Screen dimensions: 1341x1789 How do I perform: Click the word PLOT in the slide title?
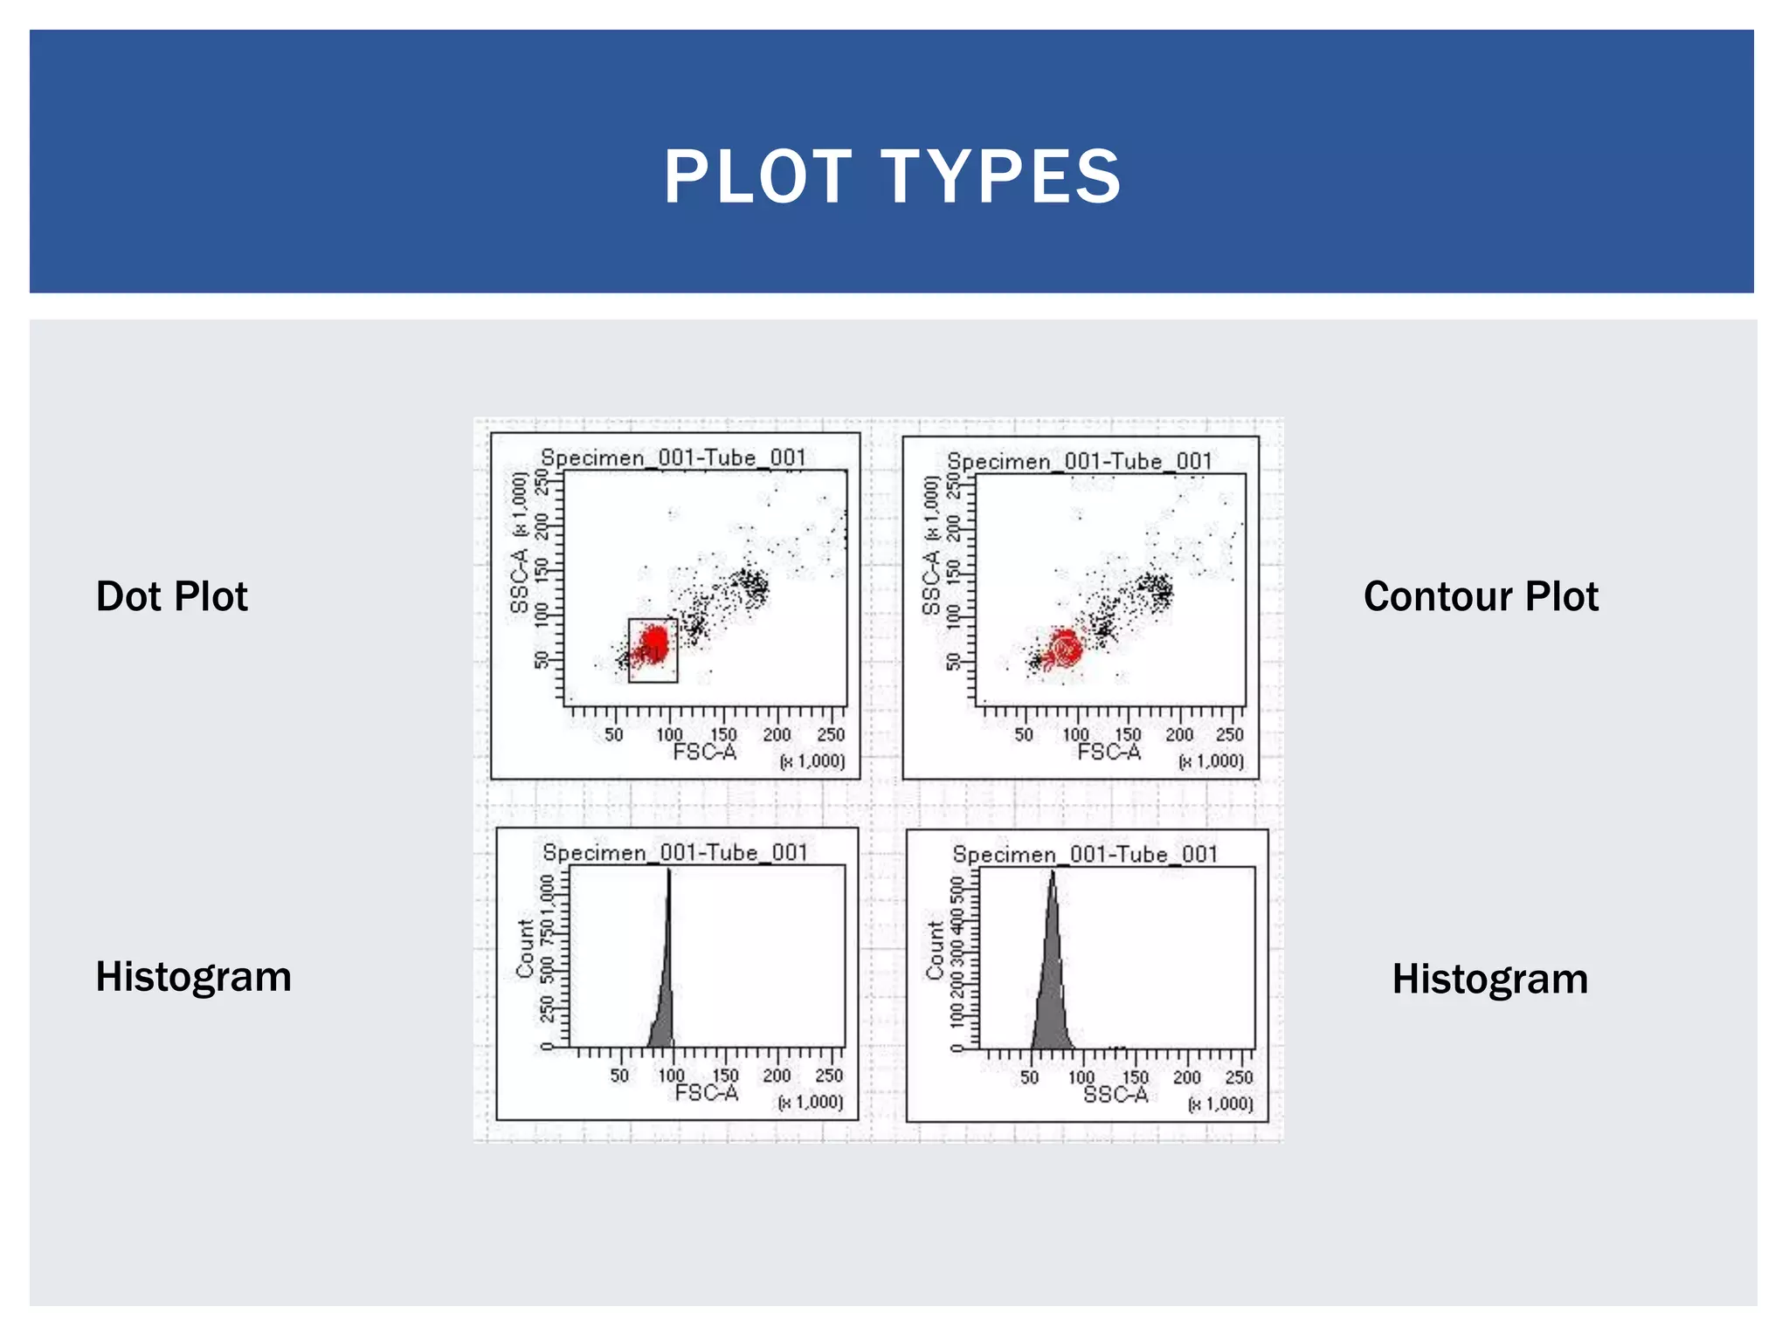click(x=756, y=176)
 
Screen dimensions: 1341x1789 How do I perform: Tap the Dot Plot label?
click(x=172, y=596)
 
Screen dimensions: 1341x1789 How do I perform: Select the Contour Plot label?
click(x=1481, y=596)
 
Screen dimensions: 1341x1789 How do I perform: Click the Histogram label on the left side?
click(x=193, y=976)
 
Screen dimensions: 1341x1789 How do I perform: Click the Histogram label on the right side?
click(x=1489, y=979)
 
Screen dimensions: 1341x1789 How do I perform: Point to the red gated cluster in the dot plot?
click(x=653, y=645)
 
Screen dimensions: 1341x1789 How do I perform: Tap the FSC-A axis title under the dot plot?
click(x=705, y=753)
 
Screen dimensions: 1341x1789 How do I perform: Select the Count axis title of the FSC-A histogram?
click(x=525, y=948)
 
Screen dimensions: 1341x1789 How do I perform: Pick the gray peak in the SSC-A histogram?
click(x=1052, y=987)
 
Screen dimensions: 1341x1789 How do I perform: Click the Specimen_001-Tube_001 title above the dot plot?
click(x=673, y=457)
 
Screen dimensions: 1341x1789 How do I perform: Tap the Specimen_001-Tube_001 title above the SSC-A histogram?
click(x=1085, y=854)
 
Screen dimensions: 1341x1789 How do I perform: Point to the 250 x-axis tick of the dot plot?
click(x=831, y=735)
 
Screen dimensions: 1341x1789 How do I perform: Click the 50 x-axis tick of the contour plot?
click(x=1024, y=735)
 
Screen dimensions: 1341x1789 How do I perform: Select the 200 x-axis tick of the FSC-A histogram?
click(x=777, y=1076)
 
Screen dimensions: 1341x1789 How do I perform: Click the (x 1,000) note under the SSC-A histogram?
click(x=1220, y=1104)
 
